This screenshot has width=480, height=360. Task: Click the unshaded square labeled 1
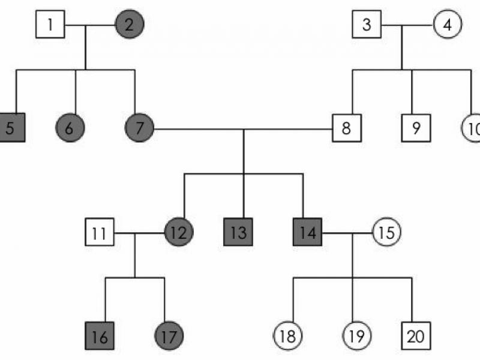pos(50,25)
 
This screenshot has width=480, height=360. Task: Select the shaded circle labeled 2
pos(129,25)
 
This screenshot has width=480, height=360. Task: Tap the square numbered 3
pos(367,25)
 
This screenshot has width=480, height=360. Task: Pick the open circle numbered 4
pos(447,25)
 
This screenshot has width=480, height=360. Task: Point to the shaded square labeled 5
pos(11,127)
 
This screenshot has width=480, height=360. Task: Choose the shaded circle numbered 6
pos(70,127)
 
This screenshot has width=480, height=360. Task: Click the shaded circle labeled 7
pos(140,127)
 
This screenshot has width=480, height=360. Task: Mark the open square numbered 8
pos(347,127)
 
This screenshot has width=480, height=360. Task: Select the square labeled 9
pos(416,127)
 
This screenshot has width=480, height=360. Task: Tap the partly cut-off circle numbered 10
pos(472,127)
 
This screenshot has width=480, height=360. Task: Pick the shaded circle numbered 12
pos(179,232)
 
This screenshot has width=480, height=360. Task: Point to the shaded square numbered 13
pos(238,232)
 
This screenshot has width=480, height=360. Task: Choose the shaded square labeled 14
pos(308,232)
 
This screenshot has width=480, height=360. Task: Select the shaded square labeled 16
pos(100,336)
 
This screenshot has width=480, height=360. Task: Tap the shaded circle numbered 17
pos(169,336)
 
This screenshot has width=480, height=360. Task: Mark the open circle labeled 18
pos(288,336)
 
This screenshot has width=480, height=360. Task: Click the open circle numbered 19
pos(357,336)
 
